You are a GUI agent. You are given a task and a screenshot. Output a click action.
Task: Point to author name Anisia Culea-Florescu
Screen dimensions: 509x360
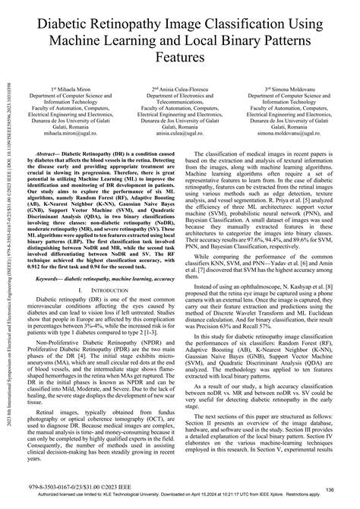pos(182,89)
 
